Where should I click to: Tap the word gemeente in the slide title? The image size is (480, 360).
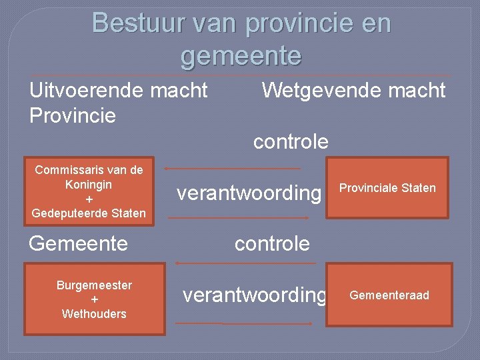(241, 55)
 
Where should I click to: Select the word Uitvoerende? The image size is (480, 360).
(84, 90)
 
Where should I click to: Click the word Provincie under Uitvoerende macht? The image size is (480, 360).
(73, 115)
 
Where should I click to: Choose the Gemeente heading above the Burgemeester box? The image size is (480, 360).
(78, 243)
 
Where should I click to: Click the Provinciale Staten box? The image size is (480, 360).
(387, 188)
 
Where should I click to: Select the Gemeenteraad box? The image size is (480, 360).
(389, 295)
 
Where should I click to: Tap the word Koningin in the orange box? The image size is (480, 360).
(89, 184)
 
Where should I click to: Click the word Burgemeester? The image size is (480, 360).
(94, 285)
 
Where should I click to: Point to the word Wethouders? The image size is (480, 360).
(94, 314)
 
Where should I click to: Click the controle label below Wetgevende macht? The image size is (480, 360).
(291, 141)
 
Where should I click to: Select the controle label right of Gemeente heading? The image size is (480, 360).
(272, 243)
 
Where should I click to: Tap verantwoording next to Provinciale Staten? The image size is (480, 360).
(249, 193)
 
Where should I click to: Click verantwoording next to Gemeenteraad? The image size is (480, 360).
(255, 295)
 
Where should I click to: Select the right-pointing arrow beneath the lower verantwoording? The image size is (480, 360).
(243, 323)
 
